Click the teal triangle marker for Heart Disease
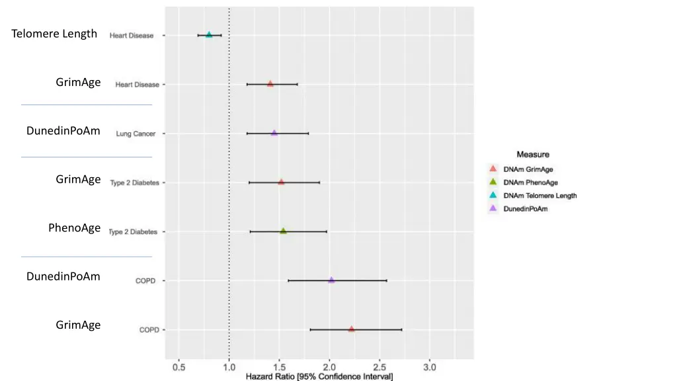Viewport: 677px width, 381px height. [x=209, y=35]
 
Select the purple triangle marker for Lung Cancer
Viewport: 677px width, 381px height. [x=274, y=133]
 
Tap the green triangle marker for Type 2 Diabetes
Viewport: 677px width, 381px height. [x=283, y=232]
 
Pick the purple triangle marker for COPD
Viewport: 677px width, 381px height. [x=331, y=280]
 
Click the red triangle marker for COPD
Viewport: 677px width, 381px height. [x=351, y=329]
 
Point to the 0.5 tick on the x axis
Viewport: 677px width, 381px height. [x=179, y=366]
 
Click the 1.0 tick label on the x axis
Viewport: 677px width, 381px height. [x=229, y=366]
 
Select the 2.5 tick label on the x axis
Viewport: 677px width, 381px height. [x=379, y=366]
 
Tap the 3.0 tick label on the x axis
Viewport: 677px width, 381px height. [x=430, y=366]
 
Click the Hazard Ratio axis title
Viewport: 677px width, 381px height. [x=319, y=376]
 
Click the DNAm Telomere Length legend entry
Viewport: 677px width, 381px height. [x=539, y=196]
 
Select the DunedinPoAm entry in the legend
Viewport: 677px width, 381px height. [x=526, y=209]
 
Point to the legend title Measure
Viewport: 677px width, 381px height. [x=533, y=155]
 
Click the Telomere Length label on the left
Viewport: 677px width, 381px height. [x=54, y=34]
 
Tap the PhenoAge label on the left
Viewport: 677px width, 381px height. [x=74, y=228]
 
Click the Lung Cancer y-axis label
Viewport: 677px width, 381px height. [x=136, y=134]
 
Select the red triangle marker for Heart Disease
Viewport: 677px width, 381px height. [x=270, y=84]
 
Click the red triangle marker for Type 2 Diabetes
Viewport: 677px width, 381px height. [x=281, y=182]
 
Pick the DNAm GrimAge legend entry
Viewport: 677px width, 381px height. [x=528, y=169]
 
